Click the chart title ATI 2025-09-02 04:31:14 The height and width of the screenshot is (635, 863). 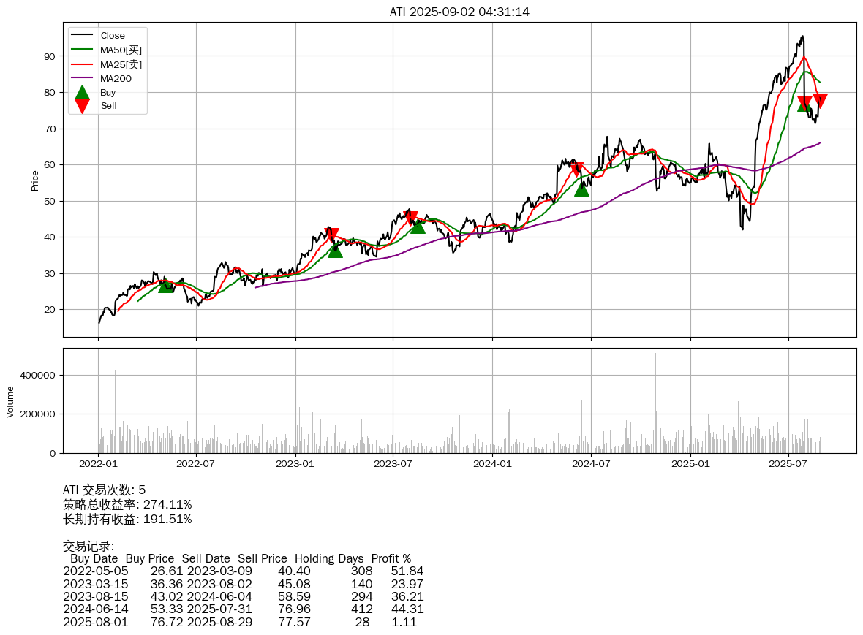click(x=459, y=12)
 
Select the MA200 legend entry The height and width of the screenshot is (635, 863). click(x=116, y=78)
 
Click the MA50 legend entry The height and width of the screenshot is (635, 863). click(x=121, y=50)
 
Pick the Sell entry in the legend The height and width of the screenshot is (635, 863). click(x=108, y=106)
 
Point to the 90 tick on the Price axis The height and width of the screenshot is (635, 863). click(x=50, y=56)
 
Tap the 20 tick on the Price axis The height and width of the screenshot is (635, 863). click(x=50, y=310)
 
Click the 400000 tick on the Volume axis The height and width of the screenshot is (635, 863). click(x=37, y=375)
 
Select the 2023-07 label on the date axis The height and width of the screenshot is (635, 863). click(x=394, y=463)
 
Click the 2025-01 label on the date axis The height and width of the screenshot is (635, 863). click(x=690, y=463)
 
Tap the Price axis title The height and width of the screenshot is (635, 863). click(x=35, y=180)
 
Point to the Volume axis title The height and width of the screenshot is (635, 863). click(x=10, y=400)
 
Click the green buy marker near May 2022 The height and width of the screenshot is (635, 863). click(x=166, y=285)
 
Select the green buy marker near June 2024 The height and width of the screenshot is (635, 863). click(x=581, y=188)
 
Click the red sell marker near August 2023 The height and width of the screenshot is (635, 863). click(x=411, y=218)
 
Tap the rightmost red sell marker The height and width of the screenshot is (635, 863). click(x=820, y=100)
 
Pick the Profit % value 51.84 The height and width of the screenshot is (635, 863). click(x=407, y=571)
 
